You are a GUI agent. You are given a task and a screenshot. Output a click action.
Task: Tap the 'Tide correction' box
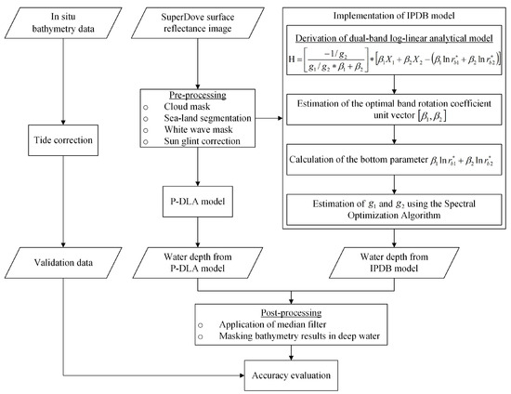point(59,147)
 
